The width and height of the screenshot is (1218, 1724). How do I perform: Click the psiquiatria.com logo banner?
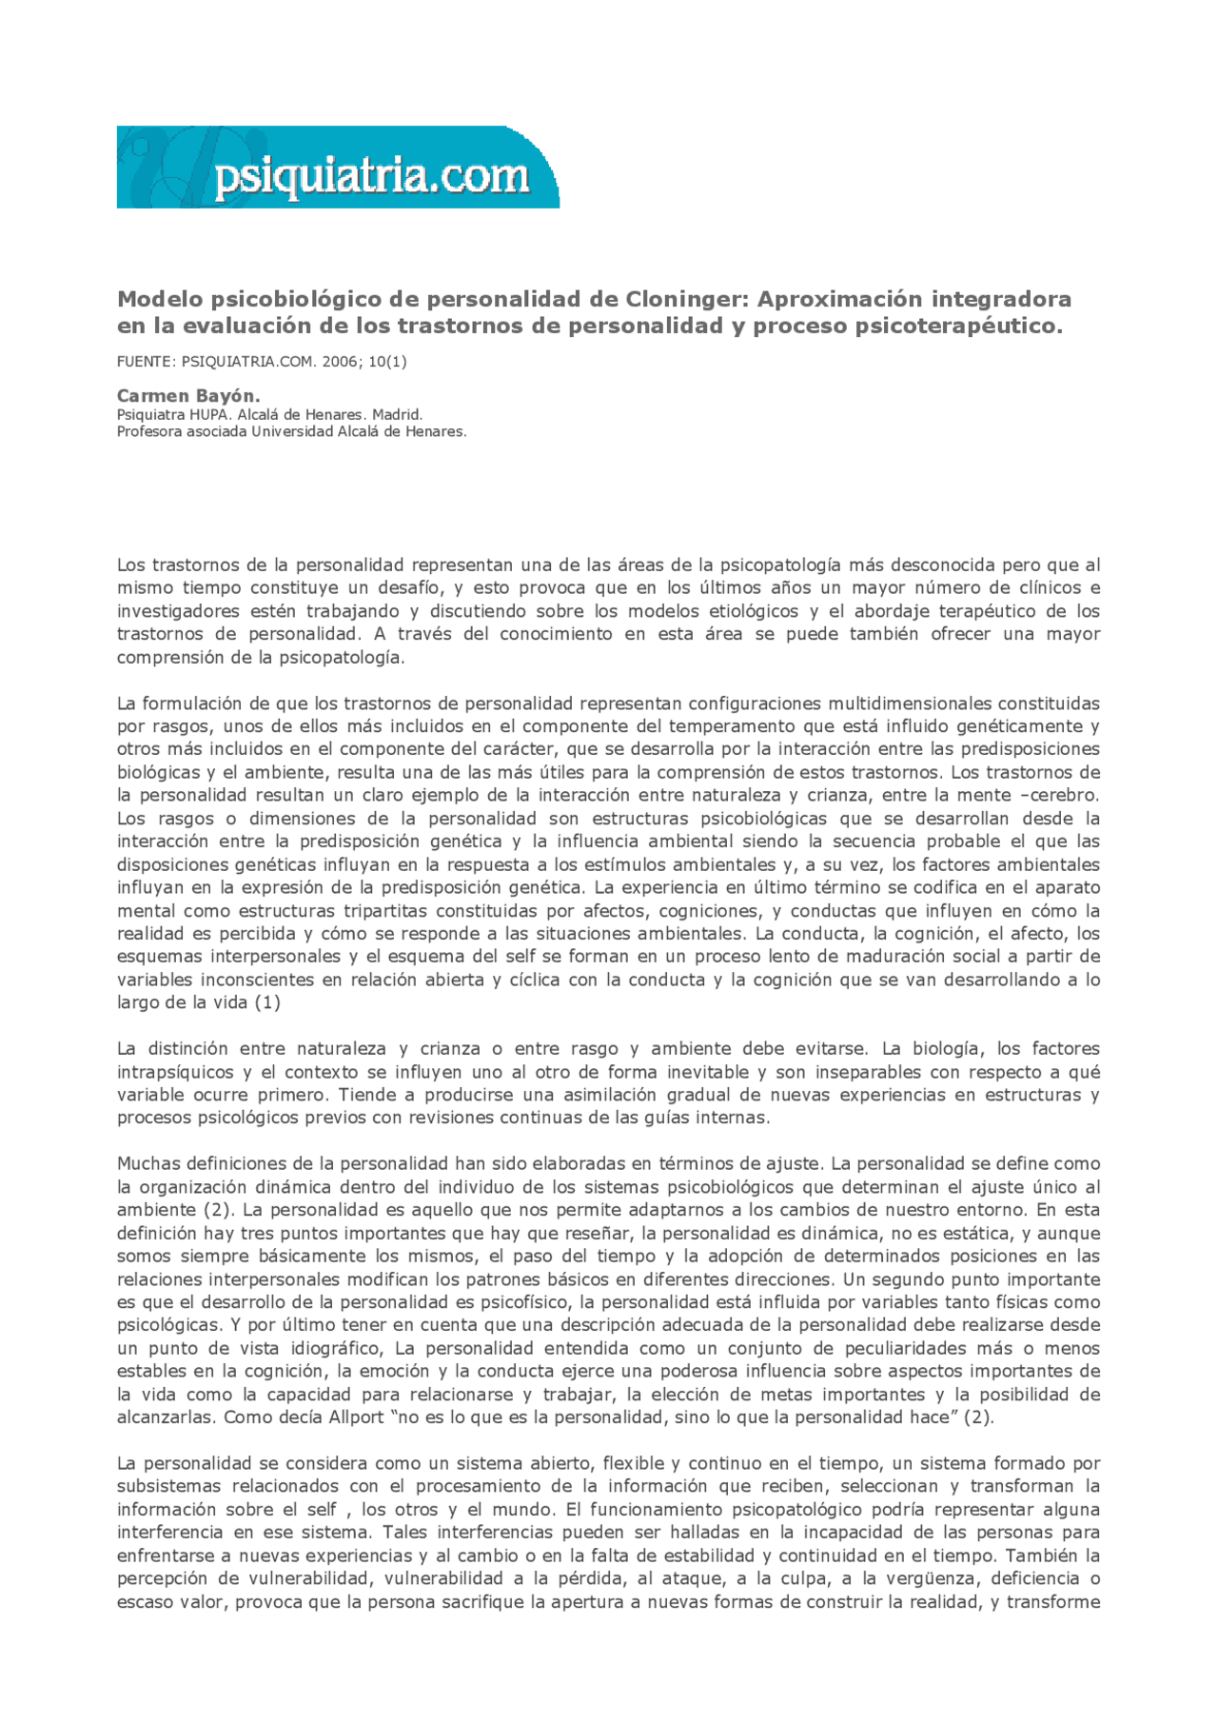tap(338, 168)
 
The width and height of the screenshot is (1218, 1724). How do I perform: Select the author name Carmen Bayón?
tap(187, 395)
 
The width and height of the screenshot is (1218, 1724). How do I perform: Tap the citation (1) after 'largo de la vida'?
tap(266, 1002)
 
